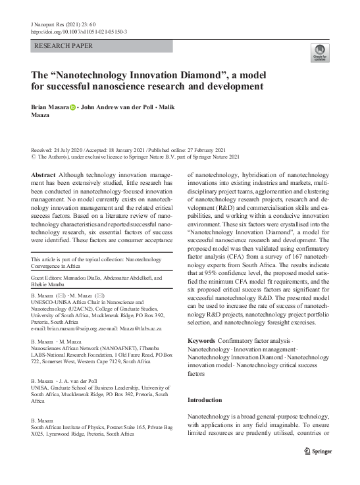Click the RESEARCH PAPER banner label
[x=63, y=46]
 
